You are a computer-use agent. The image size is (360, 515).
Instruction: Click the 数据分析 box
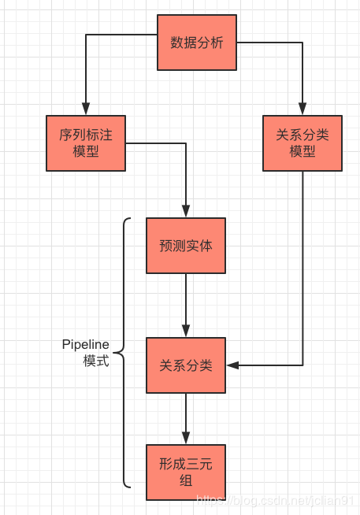[x=197, y=43]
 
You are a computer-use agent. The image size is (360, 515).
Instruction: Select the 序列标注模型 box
[x=86, y=143]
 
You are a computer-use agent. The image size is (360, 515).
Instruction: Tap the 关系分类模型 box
[x=302, y=143]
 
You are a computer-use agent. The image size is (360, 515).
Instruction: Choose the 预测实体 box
[x=186, y=246]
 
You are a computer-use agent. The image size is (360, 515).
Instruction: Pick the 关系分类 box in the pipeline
[x=186, y=365]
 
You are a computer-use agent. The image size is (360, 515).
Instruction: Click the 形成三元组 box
[x=186, y=472]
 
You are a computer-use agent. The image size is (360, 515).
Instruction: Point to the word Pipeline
[x=86, y=345]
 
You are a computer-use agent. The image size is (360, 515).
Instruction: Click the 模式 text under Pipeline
[x=96, y=361]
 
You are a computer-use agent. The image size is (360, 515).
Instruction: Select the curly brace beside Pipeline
[x=124, y=353]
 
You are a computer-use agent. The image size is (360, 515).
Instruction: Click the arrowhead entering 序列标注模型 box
[x=86, y=109]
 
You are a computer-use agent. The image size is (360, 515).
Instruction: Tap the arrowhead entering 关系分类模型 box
[x=302, y=109]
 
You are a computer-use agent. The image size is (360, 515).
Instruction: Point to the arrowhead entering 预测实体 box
[x=186, y=212]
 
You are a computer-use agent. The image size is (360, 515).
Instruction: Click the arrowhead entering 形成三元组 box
[x=186, y=438]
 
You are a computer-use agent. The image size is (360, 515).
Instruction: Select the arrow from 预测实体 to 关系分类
[x=186, y=303]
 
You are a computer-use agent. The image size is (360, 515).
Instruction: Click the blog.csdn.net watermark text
[x=276, y=500]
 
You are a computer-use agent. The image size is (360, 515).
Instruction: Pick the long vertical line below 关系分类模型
[x=302, y=268]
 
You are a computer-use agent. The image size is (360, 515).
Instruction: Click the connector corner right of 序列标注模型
[x=186, y=143]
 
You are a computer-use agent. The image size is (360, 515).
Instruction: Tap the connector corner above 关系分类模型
[x=302, y=43]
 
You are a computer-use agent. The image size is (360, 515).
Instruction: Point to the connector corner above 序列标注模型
[x=86, y=35]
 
